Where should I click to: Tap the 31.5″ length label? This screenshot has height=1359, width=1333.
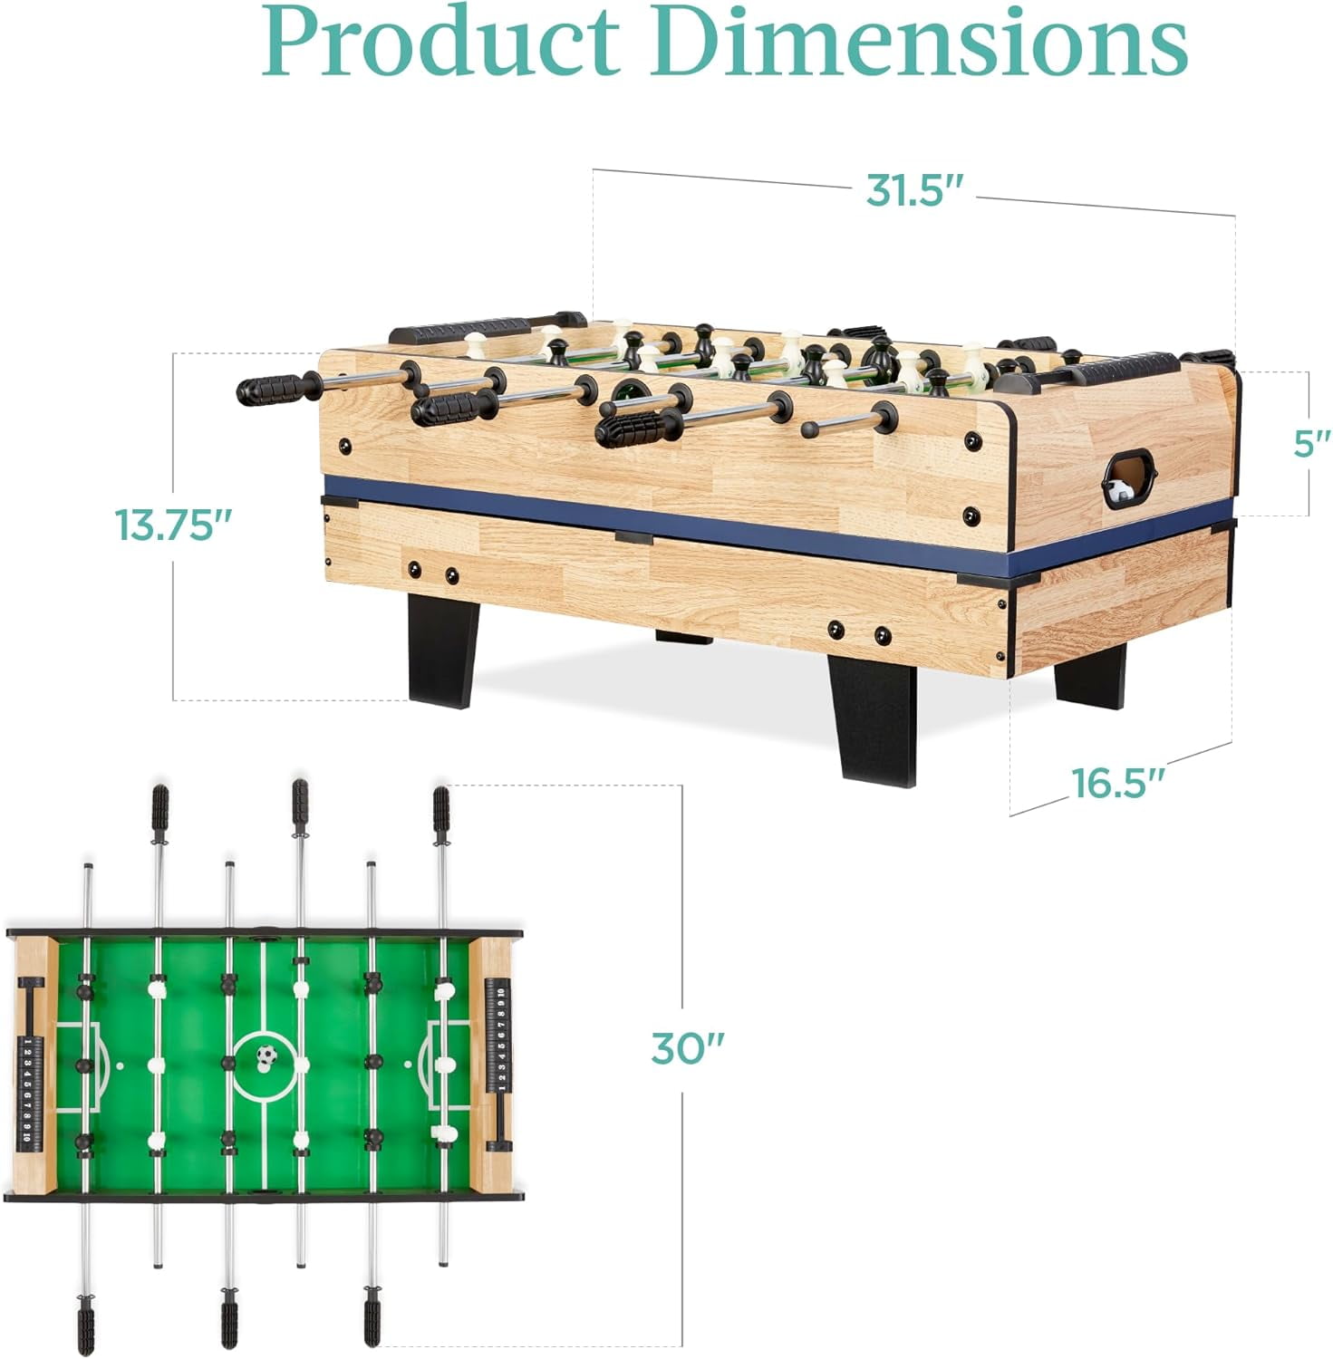[916, 190]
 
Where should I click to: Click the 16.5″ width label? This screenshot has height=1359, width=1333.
[1117, 783]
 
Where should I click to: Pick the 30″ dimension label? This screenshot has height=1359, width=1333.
[688, 1048]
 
